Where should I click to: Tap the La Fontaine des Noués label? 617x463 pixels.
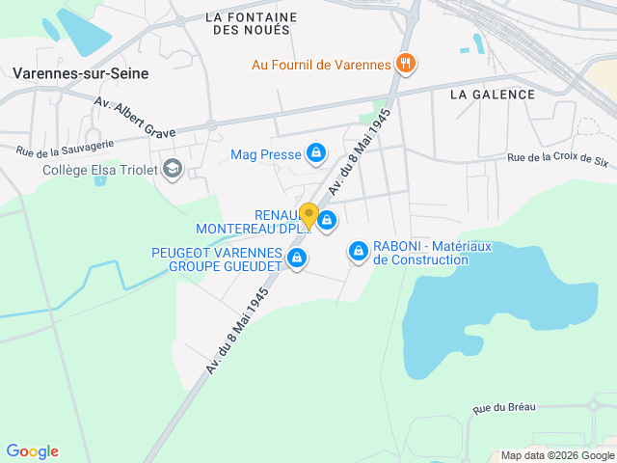[x=251, y=23]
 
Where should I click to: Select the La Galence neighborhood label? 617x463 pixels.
[x=492, y=94]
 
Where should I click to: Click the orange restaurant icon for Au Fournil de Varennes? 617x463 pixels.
[x=407, y=65]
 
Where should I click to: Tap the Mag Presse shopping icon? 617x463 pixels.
[x=315, y=153]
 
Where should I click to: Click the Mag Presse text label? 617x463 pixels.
[x=266, y=154]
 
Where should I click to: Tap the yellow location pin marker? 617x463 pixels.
[x=308, y=215]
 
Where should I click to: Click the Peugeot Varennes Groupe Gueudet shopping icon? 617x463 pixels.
[x=297, y=258]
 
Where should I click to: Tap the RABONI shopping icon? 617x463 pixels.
[x=359, y=252]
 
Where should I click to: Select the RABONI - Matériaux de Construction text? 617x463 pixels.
[x=433, y=253]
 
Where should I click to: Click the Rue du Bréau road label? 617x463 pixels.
[x=505, y=409]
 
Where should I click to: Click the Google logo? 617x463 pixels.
[x=32, y=451]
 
